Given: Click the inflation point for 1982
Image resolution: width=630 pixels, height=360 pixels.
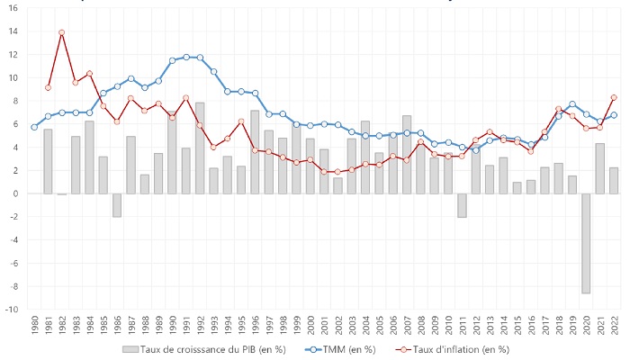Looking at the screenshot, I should (x=61, y=32).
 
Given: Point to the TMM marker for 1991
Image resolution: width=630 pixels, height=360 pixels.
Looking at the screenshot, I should (x=186, y=57).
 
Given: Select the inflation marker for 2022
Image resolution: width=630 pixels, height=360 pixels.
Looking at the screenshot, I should (x=614, y=97).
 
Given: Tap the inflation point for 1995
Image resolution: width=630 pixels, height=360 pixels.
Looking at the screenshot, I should (x=241, y=121).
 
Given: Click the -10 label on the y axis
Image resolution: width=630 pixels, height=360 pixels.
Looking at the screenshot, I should (x=12, y=310).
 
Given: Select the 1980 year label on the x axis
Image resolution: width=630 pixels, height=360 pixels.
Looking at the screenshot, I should (x=34, y=329).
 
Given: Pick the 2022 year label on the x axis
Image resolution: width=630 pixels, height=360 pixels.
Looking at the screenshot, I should (x=614, y=329).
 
